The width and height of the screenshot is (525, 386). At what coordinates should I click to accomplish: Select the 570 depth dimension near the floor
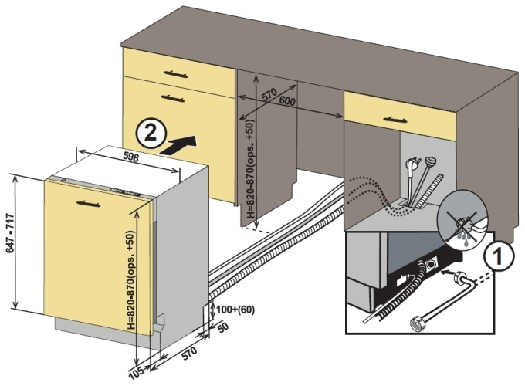click(188, 357)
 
